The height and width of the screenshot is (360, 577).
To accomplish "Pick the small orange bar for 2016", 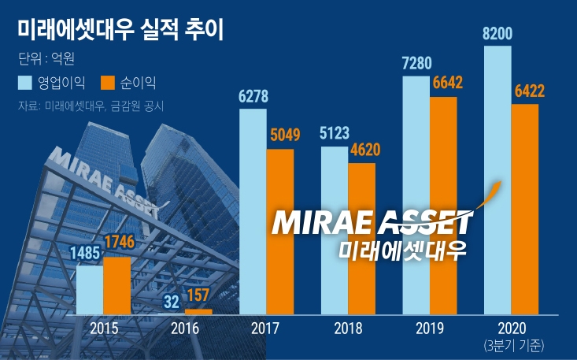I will (x=198, y=312).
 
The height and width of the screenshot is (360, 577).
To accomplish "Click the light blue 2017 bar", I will (x=252, y=211).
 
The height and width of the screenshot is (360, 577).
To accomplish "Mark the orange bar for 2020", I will (x=525, y=209).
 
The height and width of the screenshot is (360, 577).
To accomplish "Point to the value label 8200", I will (x=498, y=34).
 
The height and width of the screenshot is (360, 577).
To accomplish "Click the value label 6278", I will (x=253, y=97).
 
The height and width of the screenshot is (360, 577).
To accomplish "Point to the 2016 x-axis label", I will (x=185, y=328).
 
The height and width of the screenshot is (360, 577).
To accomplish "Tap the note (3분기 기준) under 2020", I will (x=511, y=344).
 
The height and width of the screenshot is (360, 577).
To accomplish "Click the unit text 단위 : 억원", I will (x=45, y=58).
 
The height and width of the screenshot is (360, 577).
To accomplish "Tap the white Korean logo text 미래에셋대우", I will (x=401, y=251).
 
